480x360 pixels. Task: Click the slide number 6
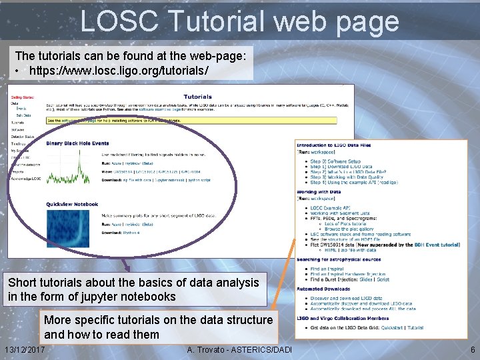(x=472, y=350)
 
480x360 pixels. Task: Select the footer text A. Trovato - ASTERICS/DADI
(x=239, y=350)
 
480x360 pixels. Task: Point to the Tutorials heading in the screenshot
(x=198, y=97)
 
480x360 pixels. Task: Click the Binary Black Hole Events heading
(x=77, y=143)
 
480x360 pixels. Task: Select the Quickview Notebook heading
(x=72, y=204)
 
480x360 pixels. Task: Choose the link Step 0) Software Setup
(x=335, y=161)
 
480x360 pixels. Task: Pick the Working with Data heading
(x=319, y=193)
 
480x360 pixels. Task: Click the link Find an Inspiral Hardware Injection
(x=347, y=274)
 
